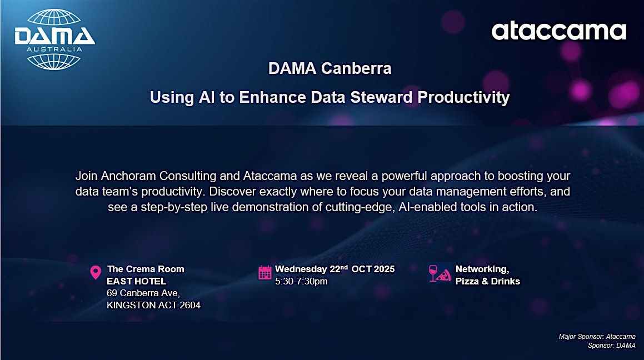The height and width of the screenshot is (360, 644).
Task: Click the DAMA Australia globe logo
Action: [54, 40]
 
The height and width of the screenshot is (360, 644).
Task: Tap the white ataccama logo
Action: [559, 31]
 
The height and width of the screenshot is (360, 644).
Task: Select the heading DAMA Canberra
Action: [330, 68]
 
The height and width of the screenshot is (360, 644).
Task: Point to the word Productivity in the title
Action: [464, 98]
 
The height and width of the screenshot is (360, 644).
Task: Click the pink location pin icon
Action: [95, 272]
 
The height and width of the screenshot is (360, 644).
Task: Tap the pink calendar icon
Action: [264, 272]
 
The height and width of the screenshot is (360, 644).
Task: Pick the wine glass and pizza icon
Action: [440, 273]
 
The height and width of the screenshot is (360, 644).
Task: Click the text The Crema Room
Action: [146, 269]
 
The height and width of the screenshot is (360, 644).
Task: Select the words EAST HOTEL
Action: [136, 281]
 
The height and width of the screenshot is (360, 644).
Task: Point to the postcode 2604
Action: [190, 305]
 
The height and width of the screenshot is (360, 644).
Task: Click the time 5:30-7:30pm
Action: [301, 281]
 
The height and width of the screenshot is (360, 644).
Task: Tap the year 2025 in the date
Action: [384, 269]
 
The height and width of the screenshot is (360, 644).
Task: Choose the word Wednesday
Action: [301, 269]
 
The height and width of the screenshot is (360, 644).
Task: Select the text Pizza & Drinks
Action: [487, 281]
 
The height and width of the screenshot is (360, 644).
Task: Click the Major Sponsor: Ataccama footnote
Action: [597, 337]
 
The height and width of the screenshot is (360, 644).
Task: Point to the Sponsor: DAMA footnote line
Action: [612, 346]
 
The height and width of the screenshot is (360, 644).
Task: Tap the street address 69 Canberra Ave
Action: [143, 293]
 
